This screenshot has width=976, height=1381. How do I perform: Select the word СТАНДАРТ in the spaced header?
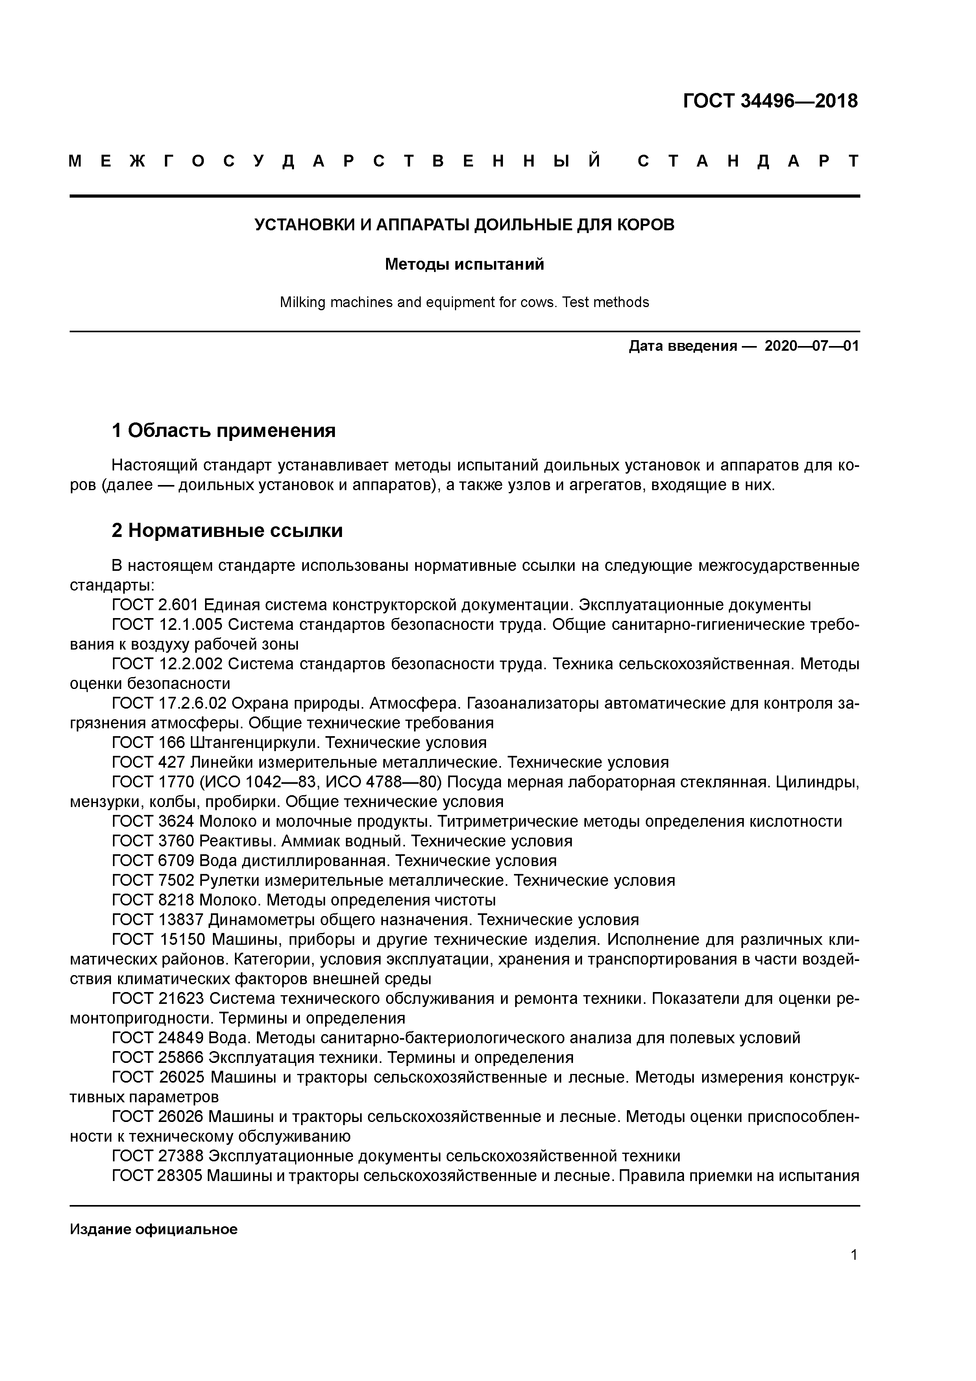748,161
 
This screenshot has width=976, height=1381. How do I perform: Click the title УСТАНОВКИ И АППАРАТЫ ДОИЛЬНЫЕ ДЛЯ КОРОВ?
464,225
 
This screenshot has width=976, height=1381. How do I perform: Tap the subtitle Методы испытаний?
464,264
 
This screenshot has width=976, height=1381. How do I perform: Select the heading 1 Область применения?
223,431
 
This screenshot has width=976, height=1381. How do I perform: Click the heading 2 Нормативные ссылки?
227,531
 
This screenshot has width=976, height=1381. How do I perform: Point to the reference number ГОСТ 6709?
153,860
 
